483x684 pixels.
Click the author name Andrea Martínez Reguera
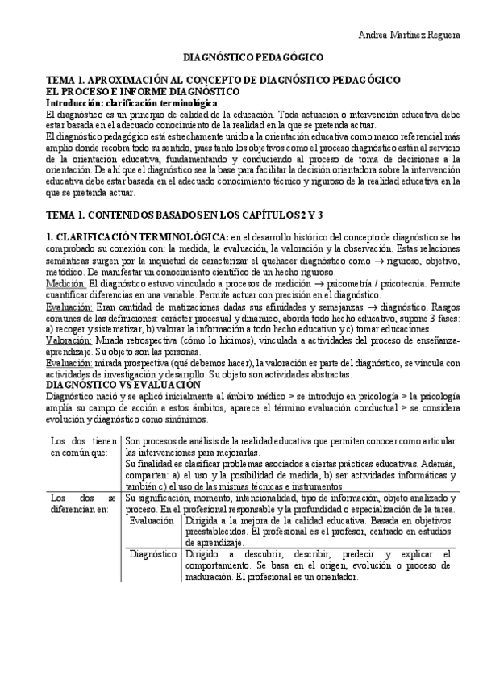pos(409,35)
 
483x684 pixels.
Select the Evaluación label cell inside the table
pos(153,521)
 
